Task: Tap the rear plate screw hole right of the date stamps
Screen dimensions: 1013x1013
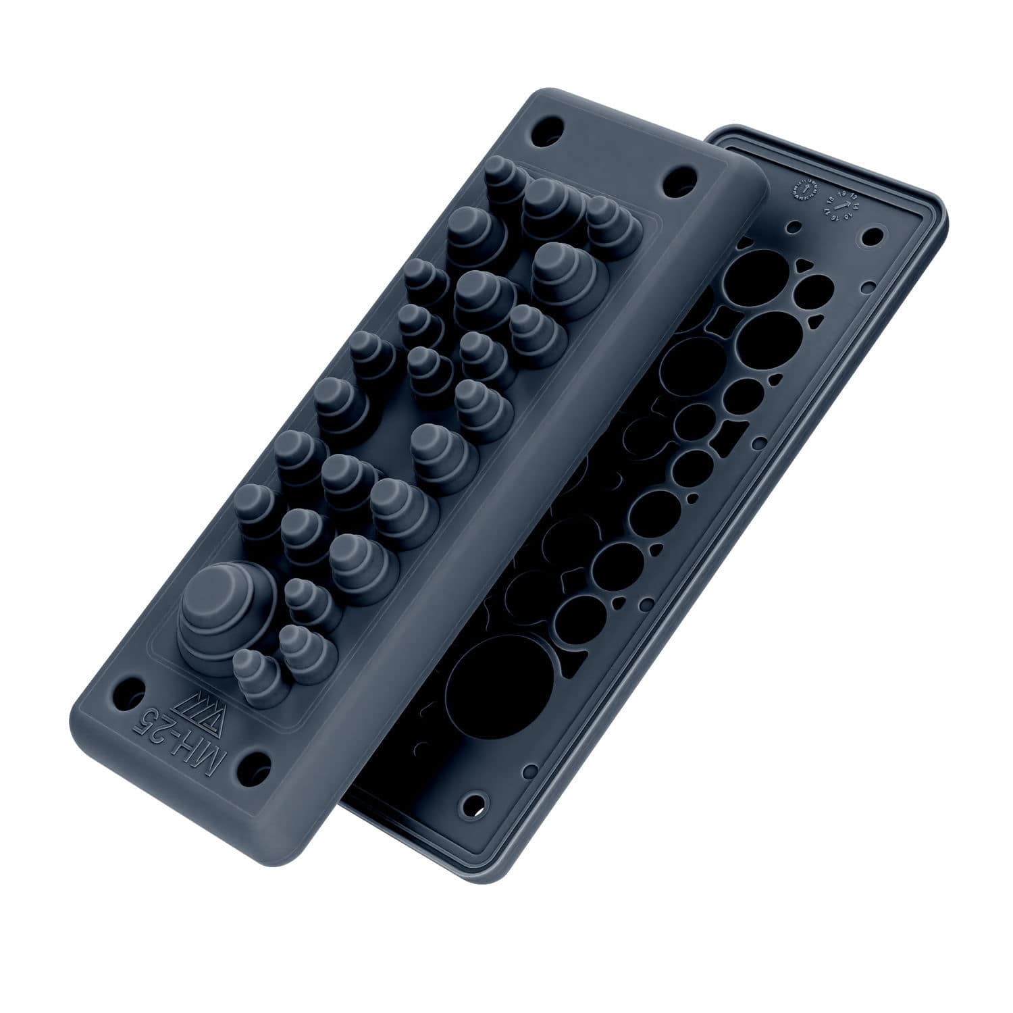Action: click(x=873, y=237)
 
